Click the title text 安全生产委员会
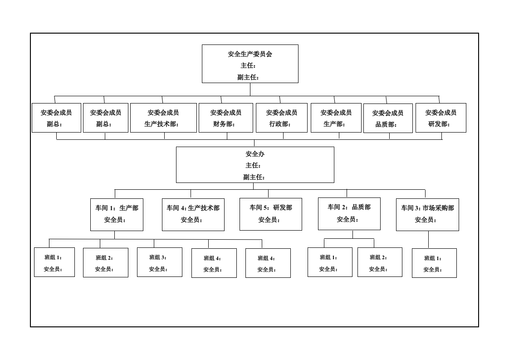(250, 54)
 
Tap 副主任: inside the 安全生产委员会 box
(248, 77)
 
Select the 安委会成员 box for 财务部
(226, 118)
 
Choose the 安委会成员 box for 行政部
(282, 118)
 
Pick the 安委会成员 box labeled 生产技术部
(164, 118)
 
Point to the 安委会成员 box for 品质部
(388, 118)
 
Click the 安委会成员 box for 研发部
(441, 118)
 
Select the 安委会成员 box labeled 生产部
(336, 118)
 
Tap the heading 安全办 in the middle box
(255, 154)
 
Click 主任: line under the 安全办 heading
(253, 165)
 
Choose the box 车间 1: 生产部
(117, 215)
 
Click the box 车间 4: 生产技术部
(193, 215)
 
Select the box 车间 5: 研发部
(271, 214)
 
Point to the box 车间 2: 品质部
(349, 214)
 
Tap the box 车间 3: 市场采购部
(427, 215)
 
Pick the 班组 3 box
(160, 262)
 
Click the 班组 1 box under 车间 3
(434, 263)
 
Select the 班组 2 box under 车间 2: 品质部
(380, 262)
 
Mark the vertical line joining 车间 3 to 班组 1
(428, 240)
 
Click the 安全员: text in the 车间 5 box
(269, 220)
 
